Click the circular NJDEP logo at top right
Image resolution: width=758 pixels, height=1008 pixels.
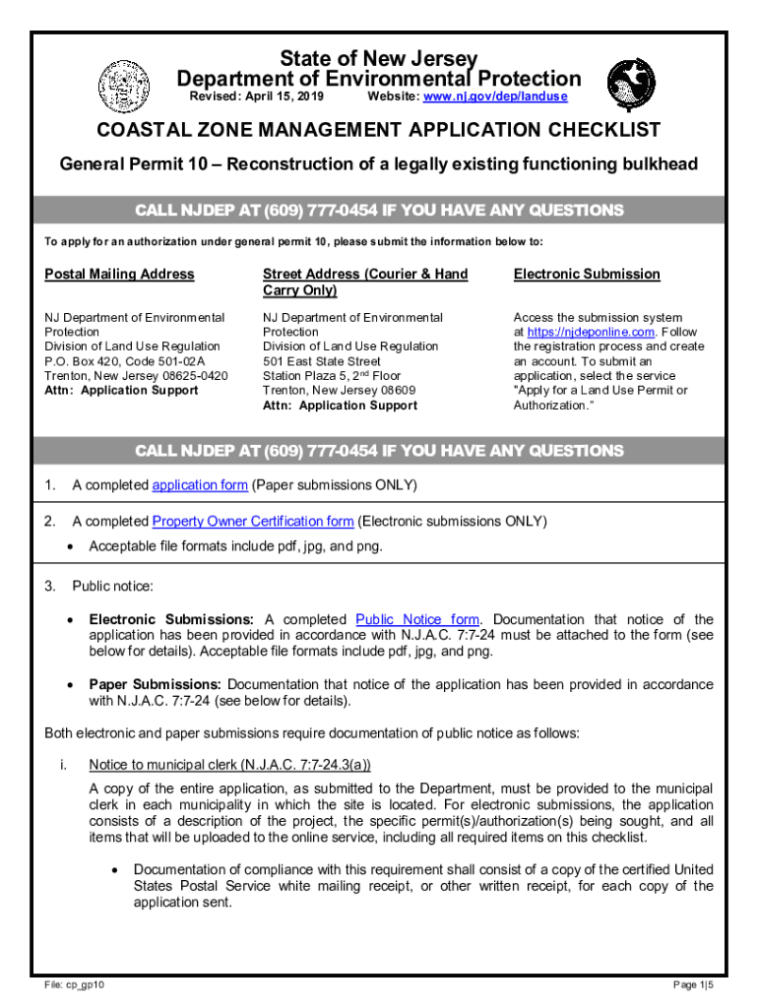[x=630, y=84]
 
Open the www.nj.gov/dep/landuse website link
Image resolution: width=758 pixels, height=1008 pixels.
[x=495, y=97]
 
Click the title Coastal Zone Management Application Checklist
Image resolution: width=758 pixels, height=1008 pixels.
[x=378, y=131]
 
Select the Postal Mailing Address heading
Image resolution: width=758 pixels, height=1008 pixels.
[x=119, y=274]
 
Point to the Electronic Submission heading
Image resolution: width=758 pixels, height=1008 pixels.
[x=587, y=274]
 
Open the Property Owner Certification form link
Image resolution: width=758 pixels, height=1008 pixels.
[x=253, y=521]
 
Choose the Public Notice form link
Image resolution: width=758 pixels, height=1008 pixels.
[x=417, y=619]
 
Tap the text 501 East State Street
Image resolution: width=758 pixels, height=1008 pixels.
[x=322, y=361]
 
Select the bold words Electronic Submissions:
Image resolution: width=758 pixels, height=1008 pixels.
[x=171, y=619]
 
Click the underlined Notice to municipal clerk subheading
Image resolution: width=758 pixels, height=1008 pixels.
[x=229, y=764]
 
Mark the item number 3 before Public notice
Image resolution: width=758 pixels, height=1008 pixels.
[x=49, y=587]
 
